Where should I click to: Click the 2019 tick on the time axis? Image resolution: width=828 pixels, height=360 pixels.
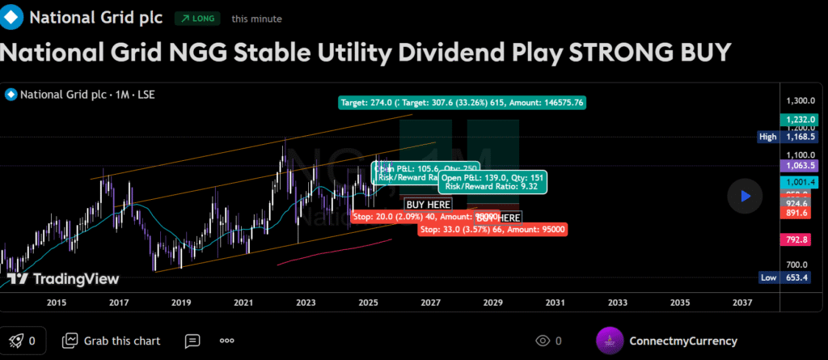pyautogui.click(x=181, y=303)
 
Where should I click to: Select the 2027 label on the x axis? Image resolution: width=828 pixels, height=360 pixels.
pyautogui.click(x=430, y=303)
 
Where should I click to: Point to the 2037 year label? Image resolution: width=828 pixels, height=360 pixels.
pyautogui.click(x=741, y=303)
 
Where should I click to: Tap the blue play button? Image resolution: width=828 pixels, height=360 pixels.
pyautogui.click(x=745, y=195)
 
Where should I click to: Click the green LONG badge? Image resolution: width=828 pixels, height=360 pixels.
pyautogui.click(x=196, y=17)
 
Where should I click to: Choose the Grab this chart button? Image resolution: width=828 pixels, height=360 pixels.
pyautogui.click(x=112, y=341)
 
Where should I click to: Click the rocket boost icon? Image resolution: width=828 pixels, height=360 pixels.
pyautogui.click(x=15, y=341)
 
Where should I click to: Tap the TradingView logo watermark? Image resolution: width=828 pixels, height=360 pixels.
pyautogui.click(x=62, y=279)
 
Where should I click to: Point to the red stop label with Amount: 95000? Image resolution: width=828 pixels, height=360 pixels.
pyautogui.click(x=492, y=229)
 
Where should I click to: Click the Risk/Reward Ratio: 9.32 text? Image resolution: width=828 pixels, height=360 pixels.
pyautogui.click(x=492, y=187)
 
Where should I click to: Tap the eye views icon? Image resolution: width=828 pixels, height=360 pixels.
pyautogui.click(x=543, y=341)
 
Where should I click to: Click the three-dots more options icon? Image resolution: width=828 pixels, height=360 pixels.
pyautogui.click(x=226, y=341)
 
